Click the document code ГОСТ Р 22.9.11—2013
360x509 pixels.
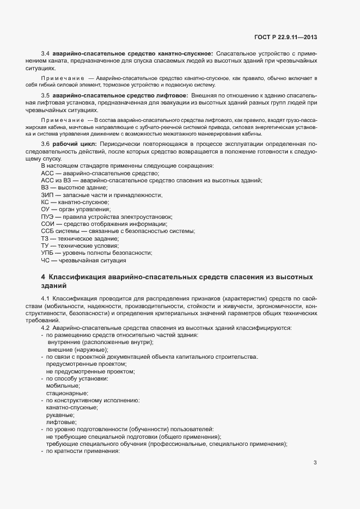(x=285, y=37)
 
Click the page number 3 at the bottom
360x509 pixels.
(x=315, y=463)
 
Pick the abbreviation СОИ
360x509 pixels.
(x=47, y=224)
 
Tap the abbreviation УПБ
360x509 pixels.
(x=47, y=253)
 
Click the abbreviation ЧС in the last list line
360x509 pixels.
(x=45, y=261)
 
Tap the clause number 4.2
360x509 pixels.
(x=45, y=328)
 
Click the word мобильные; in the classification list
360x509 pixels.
(x=63, y=385)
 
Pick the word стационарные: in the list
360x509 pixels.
(x=67, y=393)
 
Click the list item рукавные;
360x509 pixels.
(x=60, y=415)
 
